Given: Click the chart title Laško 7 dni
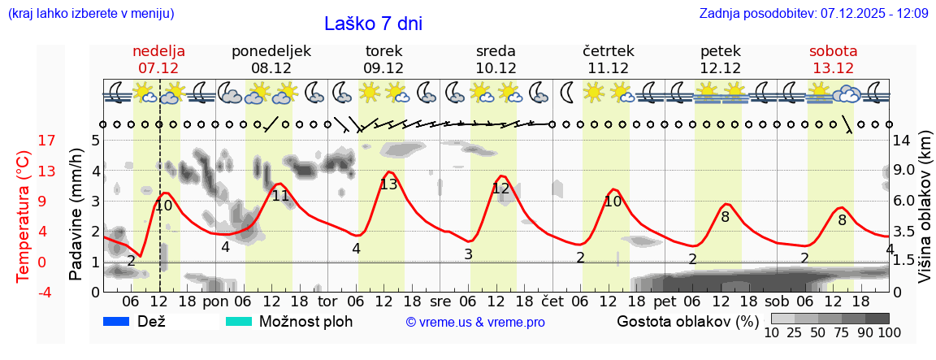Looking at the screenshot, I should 373,24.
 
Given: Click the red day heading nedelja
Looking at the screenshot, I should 158,50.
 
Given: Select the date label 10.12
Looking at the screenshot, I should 496,67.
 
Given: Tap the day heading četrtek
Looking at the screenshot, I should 608,50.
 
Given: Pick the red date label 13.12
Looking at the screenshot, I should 833,67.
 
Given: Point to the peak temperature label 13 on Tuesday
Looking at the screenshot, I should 388,184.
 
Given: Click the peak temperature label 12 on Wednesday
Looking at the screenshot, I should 500,189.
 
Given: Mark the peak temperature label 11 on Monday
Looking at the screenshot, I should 280,196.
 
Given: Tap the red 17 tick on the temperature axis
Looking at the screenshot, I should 24,141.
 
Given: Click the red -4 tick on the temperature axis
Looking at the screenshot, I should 24,292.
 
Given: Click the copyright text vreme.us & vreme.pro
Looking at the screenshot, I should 474,323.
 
